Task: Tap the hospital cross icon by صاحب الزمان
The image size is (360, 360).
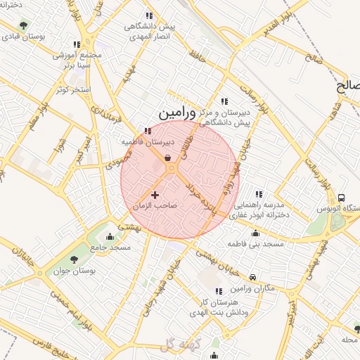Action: (155, 194)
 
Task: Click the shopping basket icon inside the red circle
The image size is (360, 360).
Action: (169, 158)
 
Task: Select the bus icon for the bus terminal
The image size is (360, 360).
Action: (342, 198)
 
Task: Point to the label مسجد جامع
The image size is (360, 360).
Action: (110, 247)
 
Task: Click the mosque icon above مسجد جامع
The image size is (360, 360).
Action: (109, 236)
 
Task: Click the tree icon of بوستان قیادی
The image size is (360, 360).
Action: (24, 25)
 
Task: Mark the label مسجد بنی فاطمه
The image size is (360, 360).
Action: (255, 244)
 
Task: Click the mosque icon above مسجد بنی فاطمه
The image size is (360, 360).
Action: (255, 233)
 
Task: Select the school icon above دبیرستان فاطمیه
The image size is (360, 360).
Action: (147, 131)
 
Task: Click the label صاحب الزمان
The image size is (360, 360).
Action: (155, 205)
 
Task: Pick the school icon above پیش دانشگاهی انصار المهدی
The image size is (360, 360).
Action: (148, 15)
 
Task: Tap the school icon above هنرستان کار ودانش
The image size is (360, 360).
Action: (218, 290)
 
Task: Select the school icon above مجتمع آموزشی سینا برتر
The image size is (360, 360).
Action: (77, 44)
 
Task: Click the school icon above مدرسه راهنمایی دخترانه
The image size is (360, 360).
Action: (259, 194)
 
